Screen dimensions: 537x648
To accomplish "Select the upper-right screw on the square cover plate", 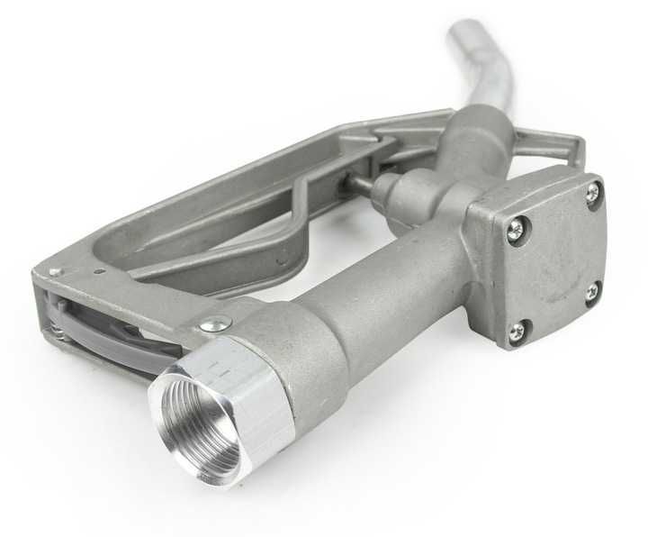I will (x=593, y=191).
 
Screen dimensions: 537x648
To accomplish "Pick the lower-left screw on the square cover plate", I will (x=517, y=332).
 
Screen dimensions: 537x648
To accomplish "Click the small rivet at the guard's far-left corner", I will (x=55, y=271).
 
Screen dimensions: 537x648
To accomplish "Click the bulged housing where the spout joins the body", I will (x=472, y=149).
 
